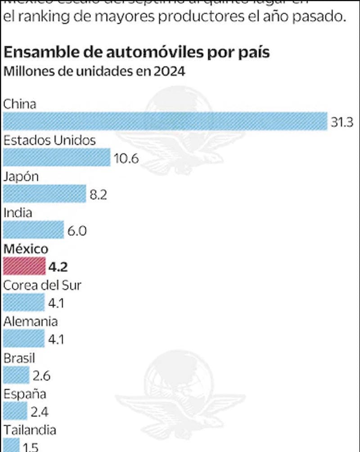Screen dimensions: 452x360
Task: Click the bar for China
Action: pos(165,122)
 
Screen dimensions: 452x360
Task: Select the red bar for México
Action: pos(24,267)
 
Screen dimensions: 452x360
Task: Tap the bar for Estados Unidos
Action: pos(57,158)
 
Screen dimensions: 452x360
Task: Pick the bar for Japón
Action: pos(44,194)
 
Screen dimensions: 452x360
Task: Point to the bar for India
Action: pos(33,230)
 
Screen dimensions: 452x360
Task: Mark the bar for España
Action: pos(15,411)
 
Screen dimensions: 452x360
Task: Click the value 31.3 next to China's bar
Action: pos(342,122)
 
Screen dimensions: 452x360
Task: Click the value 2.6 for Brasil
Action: pos(41,375)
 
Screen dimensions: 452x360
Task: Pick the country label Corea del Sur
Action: pos(42,285)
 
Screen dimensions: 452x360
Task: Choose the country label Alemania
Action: pos(31,321)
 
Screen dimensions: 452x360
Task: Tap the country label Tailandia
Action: pos(30,430)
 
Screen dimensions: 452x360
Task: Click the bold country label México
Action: pos(26,249)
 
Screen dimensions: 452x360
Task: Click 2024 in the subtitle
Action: pos(170,72)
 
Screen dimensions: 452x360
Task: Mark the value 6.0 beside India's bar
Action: pos(77,231)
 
